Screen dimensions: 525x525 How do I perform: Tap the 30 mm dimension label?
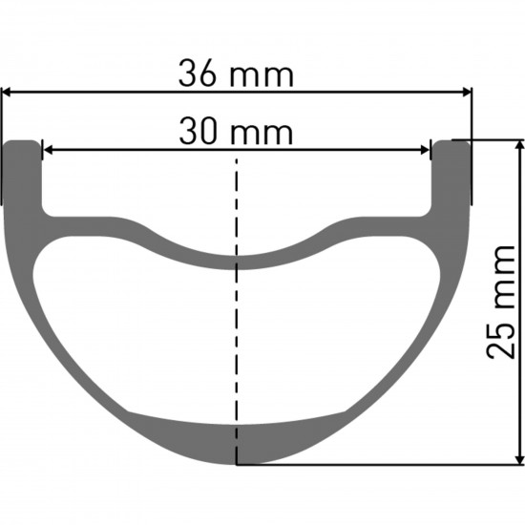(x=235, y=132)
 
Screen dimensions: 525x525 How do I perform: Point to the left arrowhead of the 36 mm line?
(x=8, y=93)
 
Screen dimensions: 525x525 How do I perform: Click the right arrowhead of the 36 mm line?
(x=466, y=93)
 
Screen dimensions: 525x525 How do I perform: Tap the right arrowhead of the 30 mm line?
(x=425, y=149)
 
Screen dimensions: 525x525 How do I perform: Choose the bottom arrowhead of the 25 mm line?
(x=519, y=458)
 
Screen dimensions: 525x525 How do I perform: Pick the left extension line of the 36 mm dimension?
(x=2, y=143)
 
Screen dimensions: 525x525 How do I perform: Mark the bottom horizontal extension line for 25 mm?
(x=382, y=465)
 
